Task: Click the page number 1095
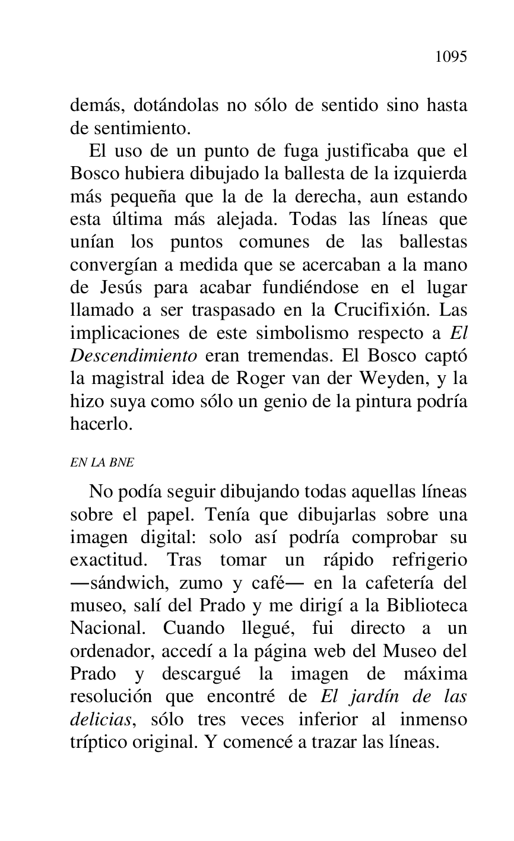click(x=450, y=57)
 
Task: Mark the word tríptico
click(x=97, y=742)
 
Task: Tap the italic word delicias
click(x=100, y=719)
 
